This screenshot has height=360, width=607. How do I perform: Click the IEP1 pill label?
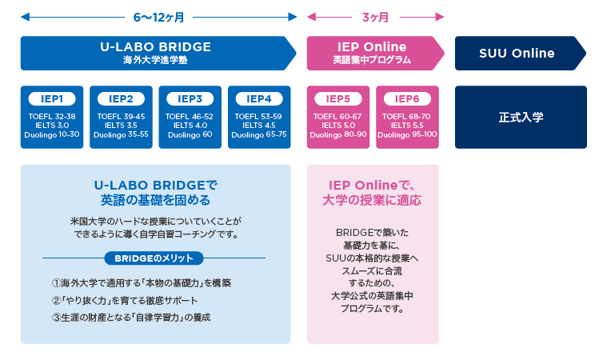pos(52,98)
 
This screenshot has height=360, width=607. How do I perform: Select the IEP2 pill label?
pos(122,98)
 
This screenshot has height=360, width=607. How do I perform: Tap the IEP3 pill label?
pos(190,98)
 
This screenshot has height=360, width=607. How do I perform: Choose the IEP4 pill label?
pos(259,98)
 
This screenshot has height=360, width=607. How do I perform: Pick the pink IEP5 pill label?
pos(338,98)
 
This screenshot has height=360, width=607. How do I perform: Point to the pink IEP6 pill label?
pos(407,98)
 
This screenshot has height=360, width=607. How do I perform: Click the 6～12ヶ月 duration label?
pos(158,18)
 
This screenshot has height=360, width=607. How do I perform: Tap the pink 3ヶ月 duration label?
pos(375,18)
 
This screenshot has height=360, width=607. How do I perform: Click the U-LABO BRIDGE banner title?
pos(156,47)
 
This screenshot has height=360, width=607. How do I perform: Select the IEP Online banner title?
pos(372,47)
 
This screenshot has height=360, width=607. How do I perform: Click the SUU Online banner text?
pos(517,53)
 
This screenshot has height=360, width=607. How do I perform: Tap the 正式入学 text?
pos(521,117)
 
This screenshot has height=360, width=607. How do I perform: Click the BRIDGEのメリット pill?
pos(154,258)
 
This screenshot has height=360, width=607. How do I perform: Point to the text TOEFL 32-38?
pos(52,116)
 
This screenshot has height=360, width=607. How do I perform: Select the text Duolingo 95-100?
pos(407,134)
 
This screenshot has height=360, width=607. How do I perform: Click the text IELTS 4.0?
pos(190,126)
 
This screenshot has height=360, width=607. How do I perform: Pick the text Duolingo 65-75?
pos(259,134)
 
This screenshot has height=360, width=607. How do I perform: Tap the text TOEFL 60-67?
pos(337,116)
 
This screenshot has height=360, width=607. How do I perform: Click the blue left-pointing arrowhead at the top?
pos(25,17)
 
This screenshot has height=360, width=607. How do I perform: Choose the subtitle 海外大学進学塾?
pos(156,60)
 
